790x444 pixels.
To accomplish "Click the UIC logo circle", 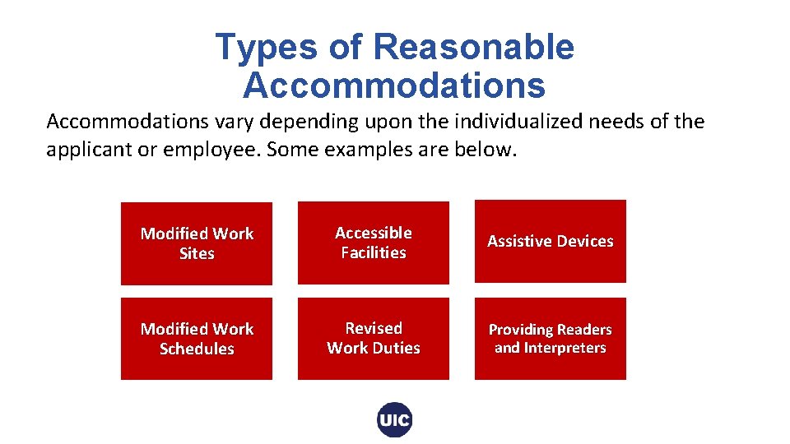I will pyautogui.click(x=395, y=420).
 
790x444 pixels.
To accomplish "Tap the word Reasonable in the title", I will pyautogui.click(x=473, y=48).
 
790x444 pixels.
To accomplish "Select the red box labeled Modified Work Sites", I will pyautogui.click(x=197, y=243).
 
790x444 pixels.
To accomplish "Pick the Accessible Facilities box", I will pyautogui.click(x=374, y=243).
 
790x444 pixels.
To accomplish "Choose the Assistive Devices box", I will pyautogui.click(x=551, y=241).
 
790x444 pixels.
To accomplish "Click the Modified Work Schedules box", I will pyautogui.click(x=197, y=339).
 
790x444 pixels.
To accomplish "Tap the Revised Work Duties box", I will pyautogui.click(x=374, y=338).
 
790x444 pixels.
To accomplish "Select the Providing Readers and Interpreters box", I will pyautogui.click(x=551, y=338).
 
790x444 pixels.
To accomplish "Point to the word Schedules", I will pyautogui.click(x=197, y=349).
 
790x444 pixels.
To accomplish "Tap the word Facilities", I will pyautogui.click(x=374, y=252).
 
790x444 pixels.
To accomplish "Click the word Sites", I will pyautogui.click(x=197, y=253).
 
